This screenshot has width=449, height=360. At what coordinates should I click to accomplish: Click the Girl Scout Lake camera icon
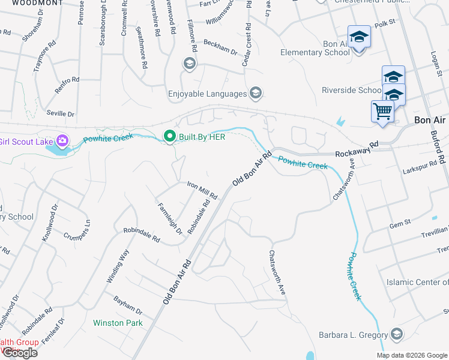[62, 142]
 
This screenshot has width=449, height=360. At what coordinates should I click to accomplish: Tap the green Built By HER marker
[170, 137]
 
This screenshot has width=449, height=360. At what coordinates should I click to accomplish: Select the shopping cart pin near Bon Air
[382, 112]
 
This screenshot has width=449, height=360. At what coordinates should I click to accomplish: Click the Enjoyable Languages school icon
[256, 93]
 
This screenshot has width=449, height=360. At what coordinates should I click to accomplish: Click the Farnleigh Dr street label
[169, 218]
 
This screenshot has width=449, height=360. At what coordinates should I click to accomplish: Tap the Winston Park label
[118, 323]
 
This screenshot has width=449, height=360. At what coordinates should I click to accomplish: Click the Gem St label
[399, 223]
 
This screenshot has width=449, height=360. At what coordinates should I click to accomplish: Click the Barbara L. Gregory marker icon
[396, 334]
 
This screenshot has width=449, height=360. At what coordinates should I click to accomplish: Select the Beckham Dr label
[220, 47]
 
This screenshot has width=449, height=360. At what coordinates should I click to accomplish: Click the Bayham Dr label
[127, 305]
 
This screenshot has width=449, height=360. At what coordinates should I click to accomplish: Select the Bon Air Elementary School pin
[359, 37]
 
